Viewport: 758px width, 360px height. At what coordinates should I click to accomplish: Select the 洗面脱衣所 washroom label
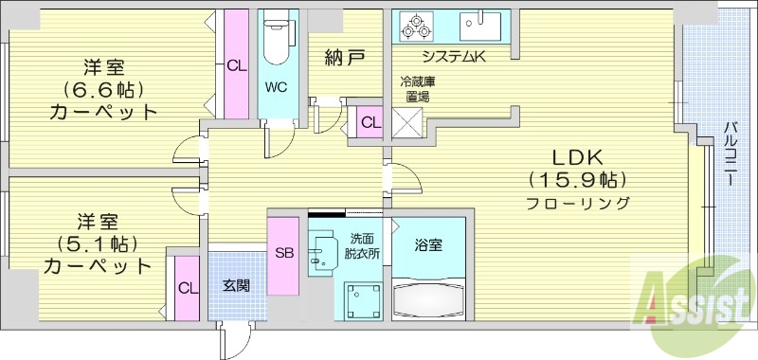coord(361,246)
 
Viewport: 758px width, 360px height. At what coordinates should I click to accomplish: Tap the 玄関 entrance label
coord(236,284)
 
